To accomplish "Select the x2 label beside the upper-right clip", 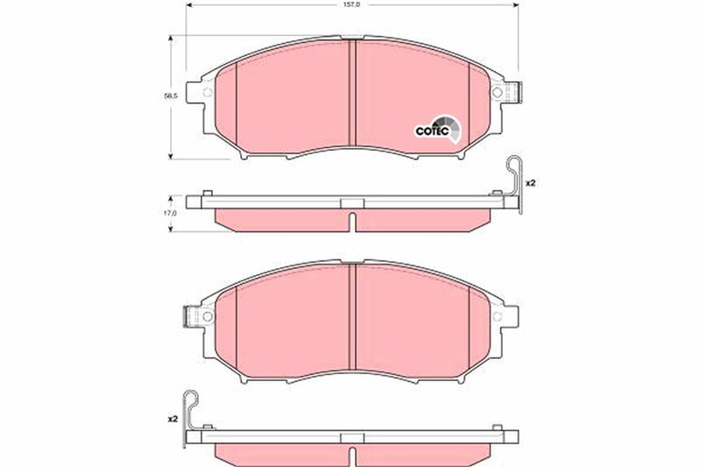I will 530,183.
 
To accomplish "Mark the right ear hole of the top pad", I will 496,93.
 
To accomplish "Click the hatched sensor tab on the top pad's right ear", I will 515,92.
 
